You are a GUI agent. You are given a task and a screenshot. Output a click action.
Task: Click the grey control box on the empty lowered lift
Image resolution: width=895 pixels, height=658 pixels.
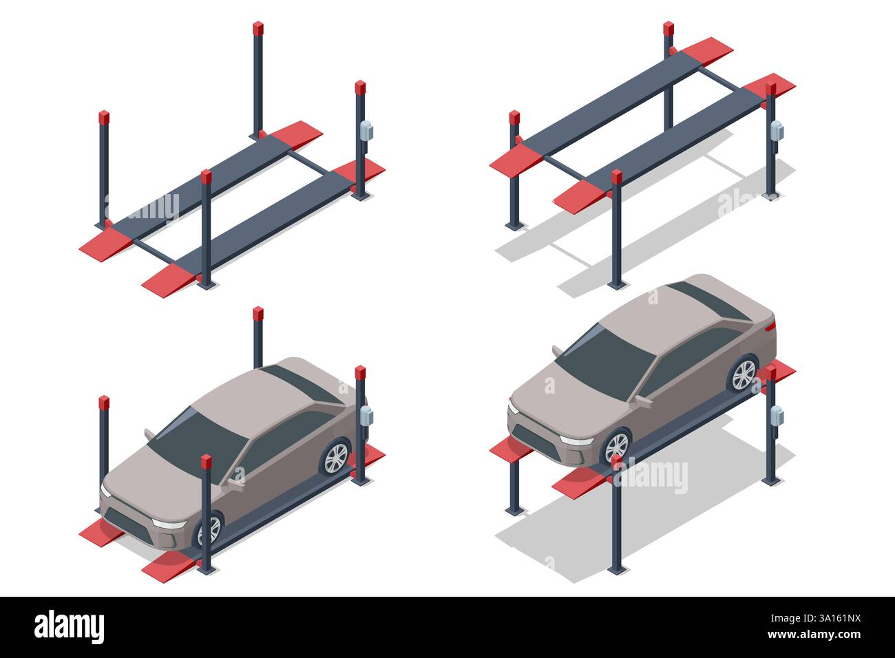tap(366, 131)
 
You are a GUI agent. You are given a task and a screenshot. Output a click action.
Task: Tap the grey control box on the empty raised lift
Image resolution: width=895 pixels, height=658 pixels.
tap(777, 131)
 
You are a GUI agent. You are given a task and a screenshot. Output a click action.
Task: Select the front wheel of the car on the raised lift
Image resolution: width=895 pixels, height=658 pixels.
tap(616, 447)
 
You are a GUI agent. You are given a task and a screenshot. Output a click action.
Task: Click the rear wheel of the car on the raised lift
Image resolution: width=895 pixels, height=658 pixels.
tap(743, 374)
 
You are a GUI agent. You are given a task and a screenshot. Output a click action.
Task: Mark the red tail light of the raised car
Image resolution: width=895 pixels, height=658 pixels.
tap(771, 327)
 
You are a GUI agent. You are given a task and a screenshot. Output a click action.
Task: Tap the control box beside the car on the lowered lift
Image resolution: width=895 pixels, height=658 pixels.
tap(366, 416)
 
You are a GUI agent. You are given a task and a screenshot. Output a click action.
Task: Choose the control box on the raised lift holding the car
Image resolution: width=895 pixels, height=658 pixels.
tap(777, 416)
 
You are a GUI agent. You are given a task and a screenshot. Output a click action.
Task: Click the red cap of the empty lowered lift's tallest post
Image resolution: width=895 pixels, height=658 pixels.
tap(258, 28)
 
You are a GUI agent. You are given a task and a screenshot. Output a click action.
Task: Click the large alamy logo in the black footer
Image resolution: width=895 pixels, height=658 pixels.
tap(69, 627)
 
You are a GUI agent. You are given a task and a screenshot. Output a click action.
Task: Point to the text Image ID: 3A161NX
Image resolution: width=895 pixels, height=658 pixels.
tap(816, 618)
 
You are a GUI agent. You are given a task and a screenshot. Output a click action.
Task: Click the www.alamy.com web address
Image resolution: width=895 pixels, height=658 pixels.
tap(814, 635)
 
